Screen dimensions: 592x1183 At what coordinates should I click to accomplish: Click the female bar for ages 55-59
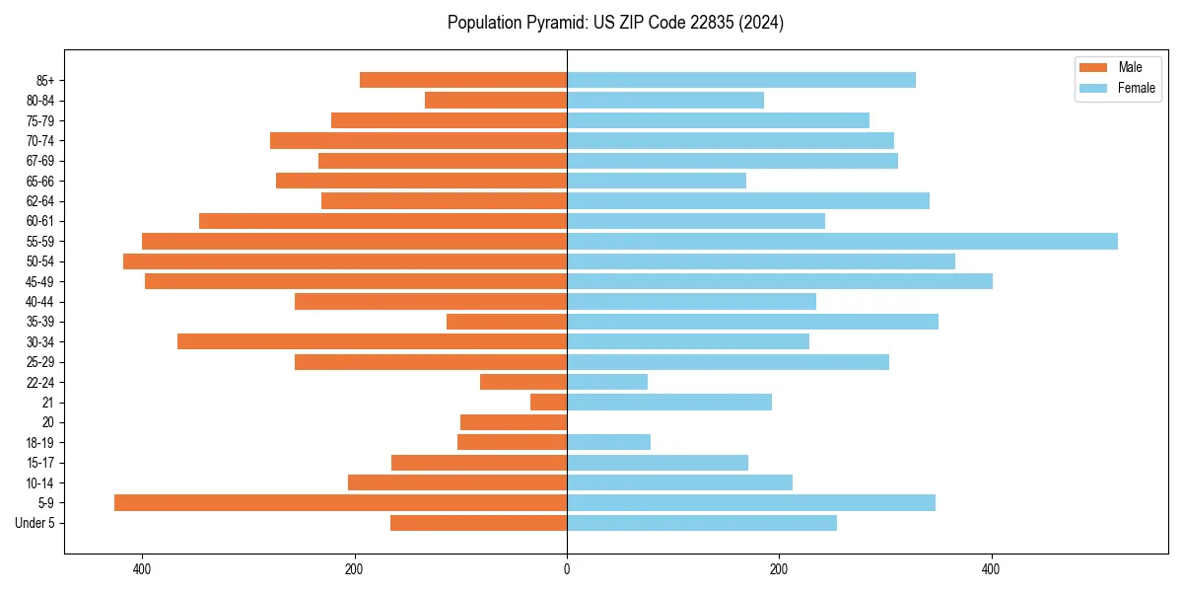point(842,241)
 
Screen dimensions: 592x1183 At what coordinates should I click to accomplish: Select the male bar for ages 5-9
point(340,502)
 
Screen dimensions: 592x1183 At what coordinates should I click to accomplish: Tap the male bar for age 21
point(548,402)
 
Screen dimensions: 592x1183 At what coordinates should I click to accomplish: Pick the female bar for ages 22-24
point(607,382)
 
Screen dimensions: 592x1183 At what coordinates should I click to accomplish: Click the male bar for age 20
point(514,422)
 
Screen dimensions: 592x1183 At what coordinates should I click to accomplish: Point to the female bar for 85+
point(741,80)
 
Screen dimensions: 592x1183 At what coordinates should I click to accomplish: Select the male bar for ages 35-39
point(507,322)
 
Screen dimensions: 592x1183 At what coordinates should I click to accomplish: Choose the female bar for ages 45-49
point(780,281)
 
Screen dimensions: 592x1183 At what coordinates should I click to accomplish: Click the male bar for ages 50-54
point(345,261)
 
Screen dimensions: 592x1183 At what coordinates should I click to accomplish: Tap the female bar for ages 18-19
point(608,442)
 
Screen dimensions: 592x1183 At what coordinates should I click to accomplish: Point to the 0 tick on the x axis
point(567,569)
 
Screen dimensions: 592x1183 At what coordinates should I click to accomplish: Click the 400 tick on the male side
point(142,569)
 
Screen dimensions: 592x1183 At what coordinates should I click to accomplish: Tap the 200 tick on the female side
point(779,569)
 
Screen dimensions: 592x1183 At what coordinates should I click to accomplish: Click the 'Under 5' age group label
point(35,523)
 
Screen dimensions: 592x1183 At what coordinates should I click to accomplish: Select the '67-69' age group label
point(40,161)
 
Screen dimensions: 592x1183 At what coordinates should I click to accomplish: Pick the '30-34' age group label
point(40,342)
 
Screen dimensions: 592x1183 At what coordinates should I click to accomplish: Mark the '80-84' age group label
point(40,101)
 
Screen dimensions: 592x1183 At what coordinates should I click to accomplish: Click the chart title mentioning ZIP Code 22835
point(615,23)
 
